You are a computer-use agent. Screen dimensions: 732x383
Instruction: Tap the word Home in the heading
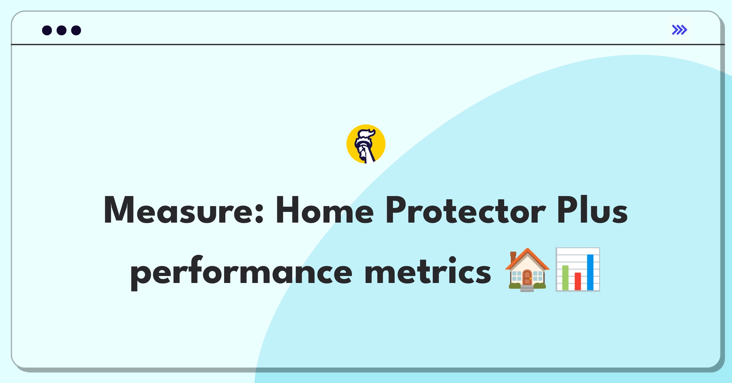325,210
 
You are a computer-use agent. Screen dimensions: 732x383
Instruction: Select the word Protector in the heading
465,210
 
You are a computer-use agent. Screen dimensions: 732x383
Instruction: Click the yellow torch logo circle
366,144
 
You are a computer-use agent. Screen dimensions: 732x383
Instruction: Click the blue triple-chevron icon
680,30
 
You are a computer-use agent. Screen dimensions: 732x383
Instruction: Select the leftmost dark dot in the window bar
47,30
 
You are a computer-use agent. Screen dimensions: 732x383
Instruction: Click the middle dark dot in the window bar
62,30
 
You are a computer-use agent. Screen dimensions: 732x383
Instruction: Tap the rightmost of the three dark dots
76,30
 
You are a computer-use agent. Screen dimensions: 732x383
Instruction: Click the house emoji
527,270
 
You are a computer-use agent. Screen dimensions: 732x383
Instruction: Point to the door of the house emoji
527,277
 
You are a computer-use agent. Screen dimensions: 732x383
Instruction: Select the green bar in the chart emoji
565,278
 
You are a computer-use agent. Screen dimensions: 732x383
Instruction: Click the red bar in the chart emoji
578,281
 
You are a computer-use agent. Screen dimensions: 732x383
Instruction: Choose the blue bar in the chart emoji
590,272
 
